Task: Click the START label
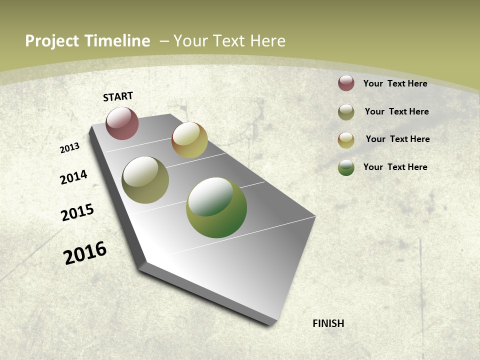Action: [x=118, y=96]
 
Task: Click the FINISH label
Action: [x=328, y=323]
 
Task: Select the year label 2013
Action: [x=70, y=147]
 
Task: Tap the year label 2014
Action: [x=74, y=177]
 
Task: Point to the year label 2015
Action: [x=77, y=212]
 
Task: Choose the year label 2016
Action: [x=85, y=252]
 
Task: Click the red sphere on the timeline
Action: [x=122, y=123]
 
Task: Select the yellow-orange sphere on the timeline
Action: [x=189, y=140]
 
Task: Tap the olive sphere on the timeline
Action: [x=145, y=180]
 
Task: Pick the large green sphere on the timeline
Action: [x=216, y=207]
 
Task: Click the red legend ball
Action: [x=346, y=83]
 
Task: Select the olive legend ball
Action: [x=346, y=112]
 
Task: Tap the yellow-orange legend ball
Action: [x=346, y=140]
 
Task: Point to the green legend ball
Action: [x=346, y=167]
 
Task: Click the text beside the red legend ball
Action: [x=395, y=83]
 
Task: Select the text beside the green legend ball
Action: [x=395, y=167]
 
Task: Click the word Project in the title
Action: [x=52, y=41]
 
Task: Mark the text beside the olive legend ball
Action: [x=396, y=111]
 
